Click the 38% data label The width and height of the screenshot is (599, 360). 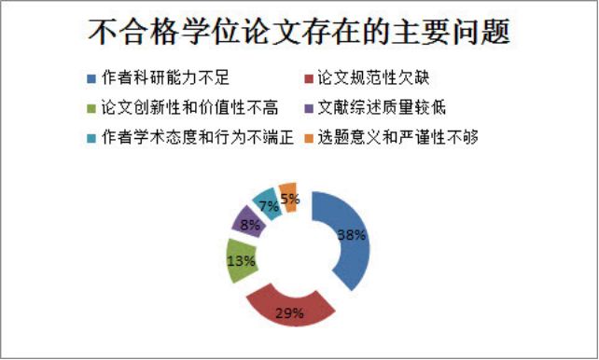350,235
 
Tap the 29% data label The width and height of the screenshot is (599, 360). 290,312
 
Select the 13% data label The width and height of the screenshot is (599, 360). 241,261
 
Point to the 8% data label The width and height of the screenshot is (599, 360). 249,225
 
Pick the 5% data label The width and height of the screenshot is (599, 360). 290,198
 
